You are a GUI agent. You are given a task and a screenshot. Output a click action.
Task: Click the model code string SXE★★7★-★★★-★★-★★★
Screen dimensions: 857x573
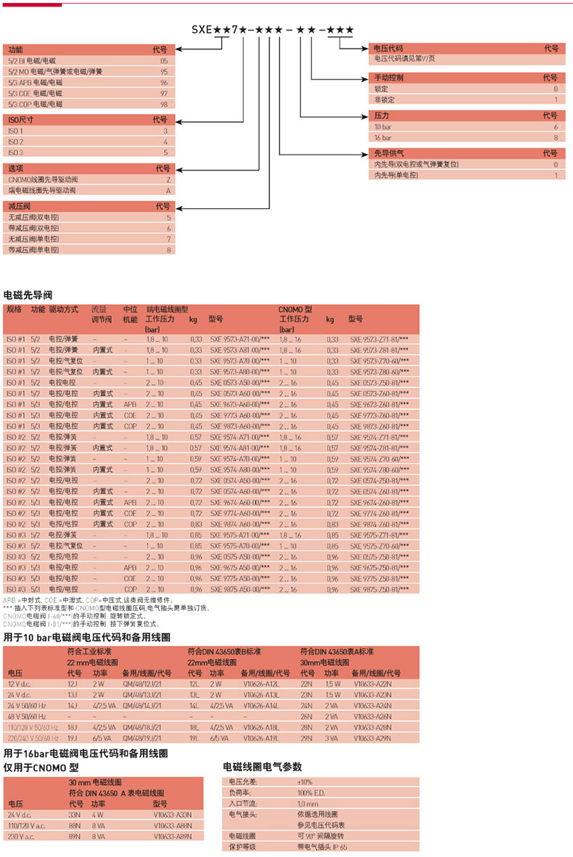[273, 30]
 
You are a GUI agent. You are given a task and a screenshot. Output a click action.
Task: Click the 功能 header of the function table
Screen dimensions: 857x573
[15, 50]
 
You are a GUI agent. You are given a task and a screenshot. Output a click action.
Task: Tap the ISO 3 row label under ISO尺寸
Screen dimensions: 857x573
[16, 152]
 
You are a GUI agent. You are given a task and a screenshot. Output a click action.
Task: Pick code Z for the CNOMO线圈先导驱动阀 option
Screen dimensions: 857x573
[167, 179]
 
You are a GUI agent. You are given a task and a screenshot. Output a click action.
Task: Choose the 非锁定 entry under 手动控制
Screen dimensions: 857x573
[385, 99]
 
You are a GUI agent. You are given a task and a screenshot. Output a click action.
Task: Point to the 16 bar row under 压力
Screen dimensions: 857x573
[382, 137]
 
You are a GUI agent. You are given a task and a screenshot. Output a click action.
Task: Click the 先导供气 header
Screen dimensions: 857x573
[389, 153]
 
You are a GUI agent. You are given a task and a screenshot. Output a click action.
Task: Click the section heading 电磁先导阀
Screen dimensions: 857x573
[28, 295]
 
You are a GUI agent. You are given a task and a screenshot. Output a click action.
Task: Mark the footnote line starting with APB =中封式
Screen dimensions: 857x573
[80, 601]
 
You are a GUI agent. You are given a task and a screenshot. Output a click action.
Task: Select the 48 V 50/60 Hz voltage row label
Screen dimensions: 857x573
[28, 715]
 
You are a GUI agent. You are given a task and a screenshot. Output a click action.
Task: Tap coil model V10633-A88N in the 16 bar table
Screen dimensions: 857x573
[173, 826]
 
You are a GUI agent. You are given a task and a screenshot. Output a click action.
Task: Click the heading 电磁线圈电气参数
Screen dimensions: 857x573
[262, 767]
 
